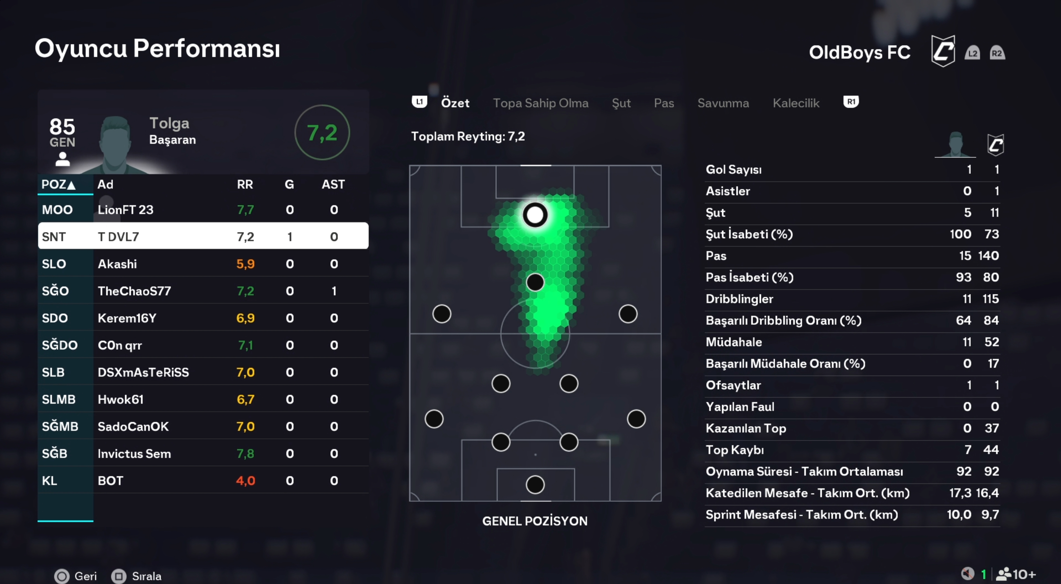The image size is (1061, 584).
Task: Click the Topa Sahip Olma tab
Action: (540, 103)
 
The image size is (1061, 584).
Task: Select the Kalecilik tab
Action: (796, 103)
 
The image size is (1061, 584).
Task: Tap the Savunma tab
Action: (723, 103)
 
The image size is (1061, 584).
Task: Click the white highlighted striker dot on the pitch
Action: (535, 215)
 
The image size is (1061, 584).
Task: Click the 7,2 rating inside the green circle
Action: (322, 133)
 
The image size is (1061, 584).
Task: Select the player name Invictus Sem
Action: (134, 453)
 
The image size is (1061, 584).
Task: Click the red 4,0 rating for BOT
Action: (245, 481)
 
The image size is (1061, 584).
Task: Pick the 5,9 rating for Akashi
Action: (245, 264)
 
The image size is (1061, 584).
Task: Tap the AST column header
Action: (333, 184)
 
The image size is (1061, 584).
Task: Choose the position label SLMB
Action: (59, 399)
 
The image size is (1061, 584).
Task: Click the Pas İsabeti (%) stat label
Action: (749, 277)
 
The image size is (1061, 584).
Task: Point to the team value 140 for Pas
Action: (989, 255)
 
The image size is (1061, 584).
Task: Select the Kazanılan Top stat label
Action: (745, 428)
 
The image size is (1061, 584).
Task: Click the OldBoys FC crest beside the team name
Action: (943, 51)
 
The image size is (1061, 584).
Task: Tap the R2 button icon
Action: (997, 53)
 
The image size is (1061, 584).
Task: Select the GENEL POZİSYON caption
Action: (535, 521)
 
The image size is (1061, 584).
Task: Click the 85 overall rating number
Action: (62, 127)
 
